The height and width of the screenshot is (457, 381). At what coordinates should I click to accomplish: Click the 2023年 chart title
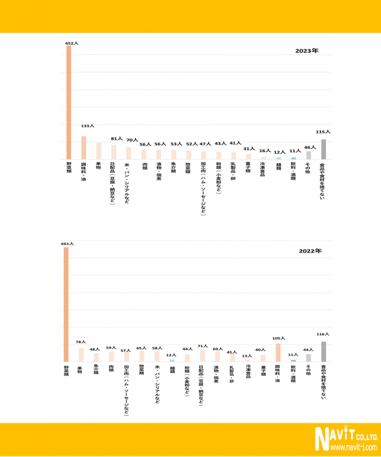[306, 50]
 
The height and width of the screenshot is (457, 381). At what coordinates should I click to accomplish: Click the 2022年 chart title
[310, 251]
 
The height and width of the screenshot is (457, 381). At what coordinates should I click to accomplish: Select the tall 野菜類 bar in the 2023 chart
[69, 102]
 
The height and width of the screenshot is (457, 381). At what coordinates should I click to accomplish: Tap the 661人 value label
[67, 244]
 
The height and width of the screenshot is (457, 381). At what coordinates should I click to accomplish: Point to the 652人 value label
[71, 43]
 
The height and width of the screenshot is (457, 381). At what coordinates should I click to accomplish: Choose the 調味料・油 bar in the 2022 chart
[278, 353]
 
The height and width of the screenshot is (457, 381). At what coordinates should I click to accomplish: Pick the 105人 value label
[278, 338]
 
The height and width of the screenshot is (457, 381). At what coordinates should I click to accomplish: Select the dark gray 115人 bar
[323, 149]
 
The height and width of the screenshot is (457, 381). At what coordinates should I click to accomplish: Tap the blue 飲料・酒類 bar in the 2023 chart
[293, 158]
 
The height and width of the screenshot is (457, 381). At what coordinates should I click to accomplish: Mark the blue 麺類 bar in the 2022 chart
[172, 360]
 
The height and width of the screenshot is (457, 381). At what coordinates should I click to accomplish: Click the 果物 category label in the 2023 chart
[98, 165]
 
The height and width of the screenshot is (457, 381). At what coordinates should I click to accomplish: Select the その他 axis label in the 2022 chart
[308, 370]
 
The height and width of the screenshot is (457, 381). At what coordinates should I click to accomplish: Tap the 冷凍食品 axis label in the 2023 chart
[263, 169]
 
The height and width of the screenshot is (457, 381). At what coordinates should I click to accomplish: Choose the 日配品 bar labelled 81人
[113, 152]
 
